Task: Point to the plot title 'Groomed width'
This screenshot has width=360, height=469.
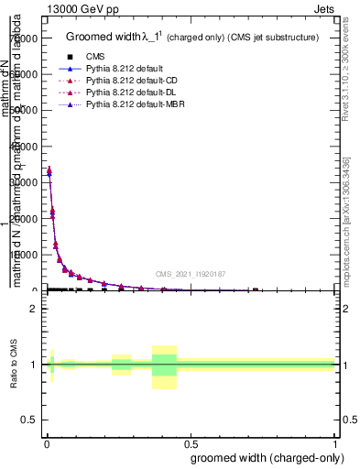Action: pos(104,38)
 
